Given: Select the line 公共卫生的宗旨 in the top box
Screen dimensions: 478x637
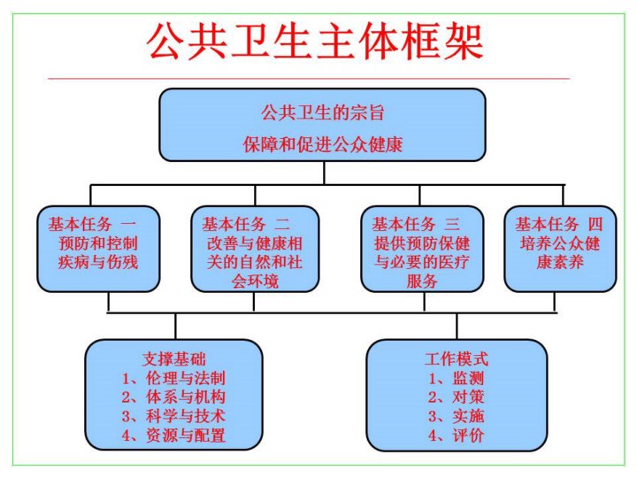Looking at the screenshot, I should (323, 113).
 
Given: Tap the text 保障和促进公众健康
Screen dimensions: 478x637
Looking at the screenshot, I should (323, 144).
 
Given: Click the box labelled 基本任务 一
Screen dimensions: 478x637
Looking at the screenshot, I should (98, 248).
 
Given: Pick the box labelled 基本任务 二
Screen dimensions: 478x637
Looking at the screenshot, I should (254, 248).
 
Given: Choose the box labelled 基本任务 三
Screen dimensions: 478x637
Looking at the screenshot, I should (422, 248).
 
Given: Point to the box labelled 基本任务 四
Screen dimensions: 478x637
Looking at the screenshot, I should (559, 248).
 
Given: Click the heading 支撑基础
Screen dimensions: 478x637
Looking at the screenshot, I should (173, 359).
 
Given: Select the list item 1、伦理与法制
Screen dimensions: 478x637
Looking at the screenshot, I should (173, 378).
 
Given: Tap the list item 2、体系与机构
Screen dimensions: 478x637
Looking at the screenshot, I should (173, 397).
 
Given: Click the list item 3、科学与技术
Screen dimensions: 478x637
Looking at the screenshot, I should (173, 415).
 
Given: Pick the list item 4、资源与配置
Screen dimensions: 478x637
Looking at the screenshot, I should (173, 435).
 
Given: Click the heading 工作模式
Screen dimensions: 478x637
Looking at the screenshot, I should (456, 359).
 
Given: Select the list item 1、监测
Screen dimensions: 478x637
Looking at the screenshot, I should (456, 378).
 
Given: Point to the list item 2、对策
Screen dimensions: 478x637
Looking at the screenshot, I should (456, 397).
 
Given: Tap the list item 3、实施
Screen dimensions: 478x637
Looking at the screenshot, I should (456, 415).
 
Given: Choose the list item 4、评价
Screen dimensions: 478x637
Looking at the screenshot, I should (456, 435).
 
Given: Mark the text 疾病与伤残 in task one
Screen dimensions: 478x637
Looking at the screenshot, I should (98, 262).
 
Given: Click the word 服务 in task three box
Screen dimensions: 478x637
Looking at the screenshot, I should (422, 281).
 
